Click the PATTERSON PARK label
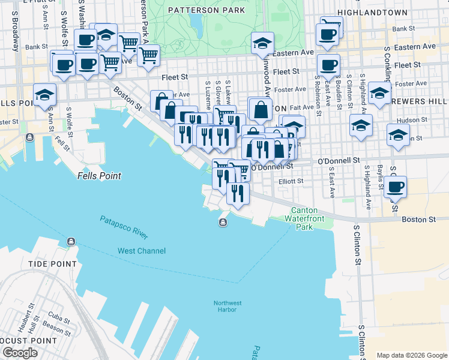(206, 10)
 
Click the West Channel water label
(142, 250)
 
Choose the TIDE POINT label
(53, 264)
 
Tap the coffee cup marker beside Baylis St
(395, 187)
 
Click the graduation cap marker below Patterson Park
(262, 43)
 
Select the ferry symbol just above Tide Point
(71, 242)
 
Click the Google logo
(20, 353)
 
